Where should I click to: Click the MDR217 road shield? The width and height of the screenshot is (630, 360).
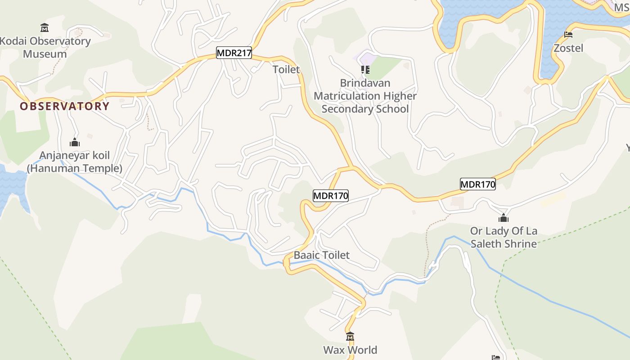234,53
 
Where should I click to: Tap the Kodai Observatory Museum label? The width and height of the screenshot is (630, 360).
45,47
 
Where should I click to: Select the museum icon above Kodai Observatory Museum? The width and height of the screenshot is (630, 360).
45,28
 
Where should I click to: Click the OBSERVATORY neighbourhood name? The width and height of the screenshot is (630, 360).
64,106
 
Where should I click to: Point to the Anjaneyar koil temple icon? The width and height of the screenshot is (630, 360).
75,143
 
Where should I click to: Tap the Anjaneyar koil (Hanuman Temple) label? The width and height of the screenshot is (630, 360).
75,162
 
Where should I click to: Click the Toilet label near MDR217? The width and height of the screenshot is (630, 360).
286,70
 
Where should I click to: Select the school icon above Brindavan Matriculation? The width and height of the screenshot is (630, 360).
365,70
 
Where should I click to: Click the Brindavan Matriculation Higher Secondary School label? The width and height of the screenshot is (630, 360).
365,96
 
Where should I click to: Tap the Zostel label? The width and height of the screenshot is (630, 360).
568,48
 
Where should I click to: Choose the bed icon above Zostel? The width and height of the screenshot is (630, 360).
568,35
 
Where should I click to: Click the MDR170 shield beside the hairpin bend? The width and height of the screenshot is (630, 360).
331,196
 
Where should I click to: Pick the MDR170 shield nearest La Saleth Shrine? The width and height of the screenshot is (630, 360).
477,184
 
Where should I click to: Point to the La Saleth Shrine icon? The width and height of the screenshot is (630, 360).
503,218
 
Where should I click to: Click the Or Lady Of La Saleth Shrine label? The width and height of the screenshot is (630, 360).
504,238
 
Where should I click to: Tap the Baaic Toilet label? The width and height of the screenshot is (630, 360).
321,255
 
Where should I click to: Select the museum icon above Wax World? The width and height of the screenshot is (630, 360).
350,336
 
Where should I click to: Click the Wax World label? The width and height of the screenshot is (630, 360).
350,350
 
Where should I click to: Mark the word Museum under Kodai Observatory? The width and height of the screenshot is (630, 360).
45,54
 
